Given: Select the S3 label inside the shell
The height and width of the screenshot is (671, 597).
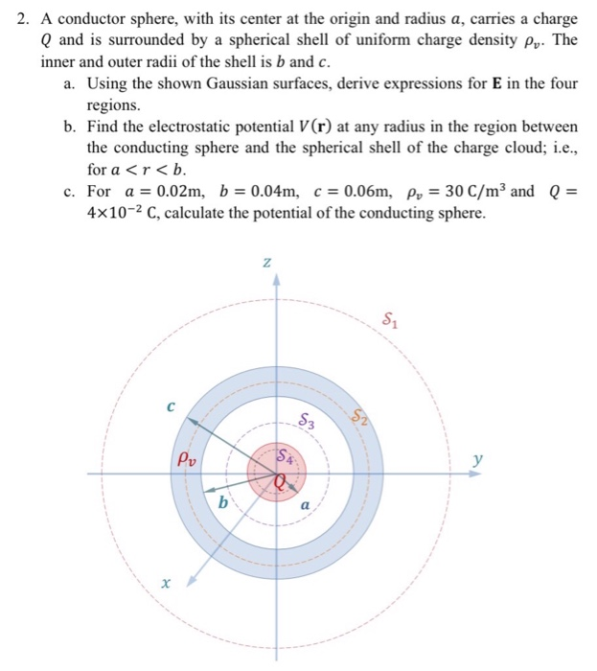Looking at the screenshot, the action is (305, 420).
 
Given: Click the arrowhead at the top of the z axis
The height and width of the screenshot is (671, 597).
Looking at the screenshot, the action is (278, 280).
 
